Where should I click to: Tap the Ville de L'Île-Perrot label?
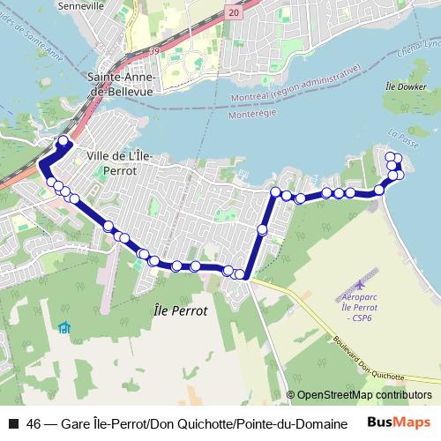point(121,163)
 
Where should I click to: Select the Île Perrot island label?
point(179,311)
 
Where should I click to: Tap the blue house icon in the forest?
point(64,328)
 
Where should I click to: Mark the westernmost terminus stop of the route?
point(63,141)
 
